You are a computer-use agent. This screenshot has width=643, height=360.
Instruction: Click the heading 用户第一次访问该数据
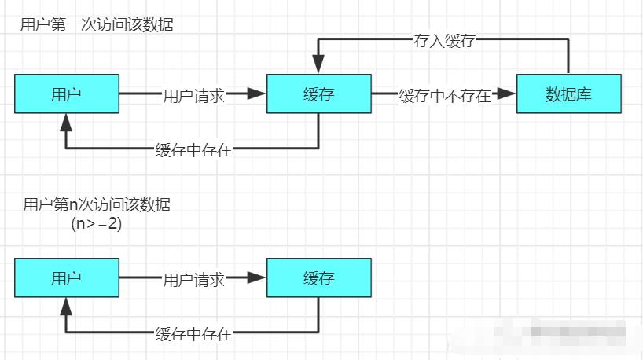point(97,25)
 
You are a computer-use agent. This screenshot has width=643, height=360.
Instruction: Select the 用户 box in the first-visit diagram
point(67,94)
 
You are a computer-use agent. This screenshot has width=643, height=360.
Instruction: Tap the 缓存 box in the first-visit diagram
point(318,94)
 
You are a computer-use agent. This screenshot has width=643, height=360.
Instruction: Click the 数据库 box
point(568,94)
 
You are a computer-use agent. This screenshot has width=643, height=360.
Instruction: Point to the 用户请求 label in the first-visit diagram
point(193,96)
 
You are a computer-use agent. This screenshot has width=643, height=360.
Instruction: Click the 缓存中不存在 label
point(445,96)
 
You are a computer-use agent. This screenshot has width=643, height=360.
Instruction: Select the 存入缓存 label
point(444,40)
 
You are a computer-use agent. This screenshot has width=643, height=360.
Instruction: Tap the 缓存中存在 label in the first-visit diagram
point(193,150)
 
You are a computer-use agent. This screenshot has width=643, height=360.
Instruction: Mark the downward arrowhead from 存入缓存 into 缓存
point(318,64)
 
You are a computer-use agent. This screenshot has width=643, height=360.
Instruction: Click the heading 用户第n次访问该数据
point(97,206)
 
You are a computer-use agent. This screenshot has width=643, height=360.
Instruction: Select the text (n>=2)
point(96,224)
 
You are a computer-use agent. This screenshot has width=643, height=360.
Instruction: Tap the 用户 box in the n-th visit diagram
point(67,277)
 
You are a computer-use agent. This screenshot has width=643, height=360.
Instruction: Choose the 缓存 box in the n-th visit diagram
point(318,277)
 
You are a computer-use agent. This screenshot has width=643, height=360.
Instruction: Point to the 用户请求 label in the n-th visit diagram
point(193,279)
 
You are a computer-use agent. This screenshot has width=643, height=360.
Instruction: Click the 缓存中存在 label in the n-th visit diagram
point(193,333)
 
